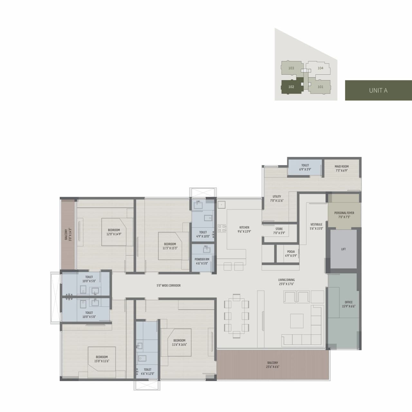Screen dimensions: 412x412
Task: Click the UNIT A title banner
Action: click(x=378, y=90)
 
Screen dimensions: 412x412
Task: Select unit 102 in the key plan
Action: click(x=291, y=87)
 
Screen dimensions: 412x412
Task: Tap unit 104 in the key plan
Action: click(x=320, y=68)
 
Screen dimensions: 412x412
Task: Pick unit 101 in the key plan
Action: click(x=320, y=87)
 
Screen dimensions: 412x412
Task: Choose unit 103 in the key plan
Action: click(x=291, y=68)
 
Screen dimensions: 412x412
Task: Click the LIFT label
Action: click(x=343, y=249)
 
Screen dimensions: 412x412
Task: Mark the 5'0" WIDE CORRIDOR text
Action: click(x=169, y=286)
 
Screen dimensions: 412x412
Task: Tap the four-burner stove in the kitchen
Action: click(x=222, y=228)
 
